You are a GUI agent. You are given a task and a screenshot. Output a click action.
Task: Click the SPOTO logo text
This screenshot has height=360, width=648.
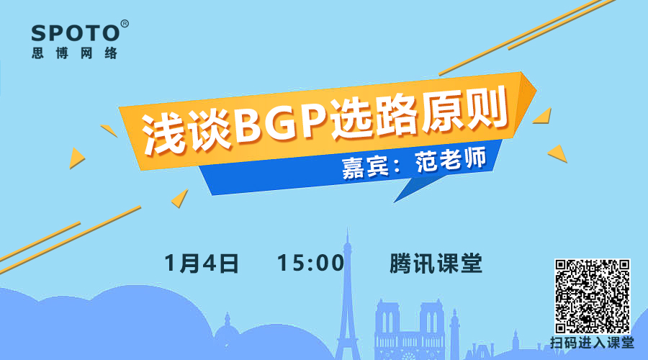[x=76, y=33]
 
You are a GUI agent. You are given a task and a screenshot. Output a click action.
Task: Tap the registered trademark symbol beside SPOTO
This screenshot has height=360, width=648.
[x=125, y=24]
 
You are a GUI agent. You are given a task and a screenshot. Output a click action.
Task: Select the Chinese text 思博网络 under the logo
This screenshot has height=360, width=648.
[x=75, y=53]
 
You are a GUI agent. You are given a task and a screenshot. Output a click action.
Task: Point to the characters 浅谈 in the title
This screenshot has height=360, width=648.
[x=186, y=132]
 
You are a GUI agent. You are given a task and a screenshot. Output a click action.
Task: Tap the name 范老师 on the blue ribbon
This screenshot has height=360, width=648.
[x=451, y=160]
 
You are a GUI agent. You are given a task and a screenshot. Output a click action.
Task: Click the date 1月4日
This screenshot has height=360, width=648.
[x=202, y=264]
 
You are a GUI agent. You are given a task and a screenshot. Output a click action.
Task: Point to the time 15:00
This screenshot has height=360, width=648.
[x=310, y=263]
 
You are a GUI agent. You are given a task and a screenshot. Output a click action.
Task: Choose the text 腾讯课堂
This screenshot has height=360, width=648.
[x=436, y=264]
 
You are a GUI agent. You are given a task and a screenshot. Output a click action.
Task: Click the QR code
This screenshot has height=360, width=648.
[x=593, y=297]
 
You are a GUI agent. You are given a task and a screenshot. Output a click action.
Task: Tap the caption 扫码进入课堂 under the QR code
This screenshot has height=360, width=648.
[x=593, y=343]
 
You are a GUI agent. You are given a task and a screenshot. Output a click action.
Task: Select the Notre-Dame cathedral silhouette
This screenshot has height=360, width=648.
[x=409, y=330]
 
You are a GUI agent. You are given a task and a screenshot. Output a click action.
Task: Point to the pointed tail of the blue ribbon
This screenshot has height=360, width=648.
[x=394, y=202]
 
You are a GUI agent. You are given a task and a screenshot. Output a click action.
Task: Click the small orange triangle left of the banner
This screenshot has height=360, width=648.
[x=76, y=158]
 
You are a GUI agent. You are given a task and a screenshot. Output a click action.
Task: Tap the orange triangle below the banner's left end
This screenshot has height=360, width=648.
[x=180, y=199]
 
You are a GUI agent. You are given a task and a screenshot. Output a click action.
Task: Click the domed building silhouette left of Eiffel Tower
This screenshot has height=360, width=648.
[x=227, y=335]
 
